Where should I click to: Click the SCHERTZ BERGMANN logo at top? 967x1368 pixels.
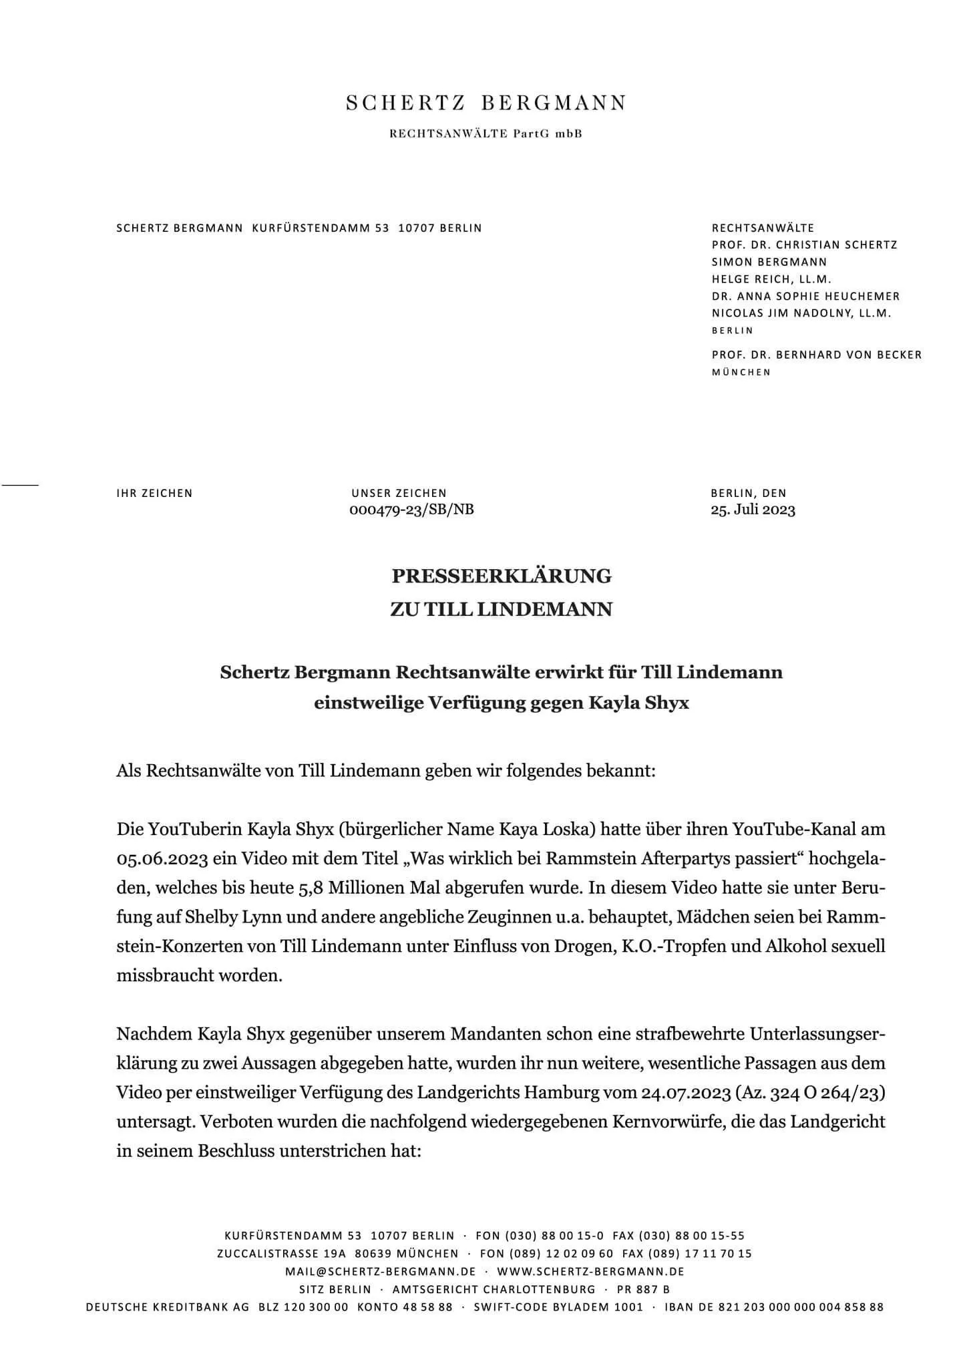(486, 104)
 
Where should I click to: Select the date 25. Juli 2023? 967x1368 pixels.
(753, 510)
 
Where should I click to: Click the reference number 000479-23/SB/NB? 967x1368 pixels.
(411, 510)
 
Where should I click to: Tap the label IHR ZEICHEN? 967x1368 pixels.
(154, 494)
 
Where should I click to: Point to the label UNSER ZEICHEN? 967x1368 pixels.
(399, 494)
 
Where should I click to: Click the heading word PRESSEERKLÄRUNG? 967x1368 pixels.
(501, 576)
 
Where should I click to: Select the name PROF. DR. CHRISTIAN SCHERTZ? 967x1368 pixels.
(804, 245)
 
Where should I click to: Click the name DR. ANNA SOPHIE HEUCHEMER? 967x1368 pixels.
(805, 296)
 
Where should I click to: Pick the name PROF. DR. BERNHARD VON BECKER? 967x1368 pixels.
(816, 355)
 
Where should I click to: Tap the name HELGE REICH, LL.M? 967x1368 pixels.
(771, 279)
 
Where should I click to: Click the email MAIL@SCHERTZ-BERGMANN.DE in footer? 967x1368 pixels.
(380, 1271)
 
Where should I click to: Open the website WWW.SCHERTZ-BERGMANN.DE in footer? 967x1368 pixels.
(590, 1271)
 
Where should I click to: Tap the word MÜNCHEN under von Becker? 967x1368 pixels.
(741, 372)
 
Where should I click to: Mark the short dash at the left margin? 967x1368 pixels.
(20, 482)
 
